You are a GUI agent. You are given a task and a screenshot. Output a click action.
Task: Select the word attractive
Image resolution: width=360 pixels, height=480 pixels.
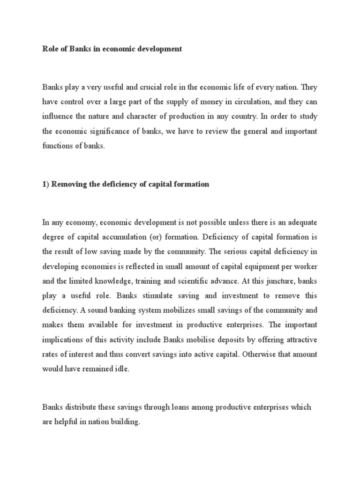coord(301,339)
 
